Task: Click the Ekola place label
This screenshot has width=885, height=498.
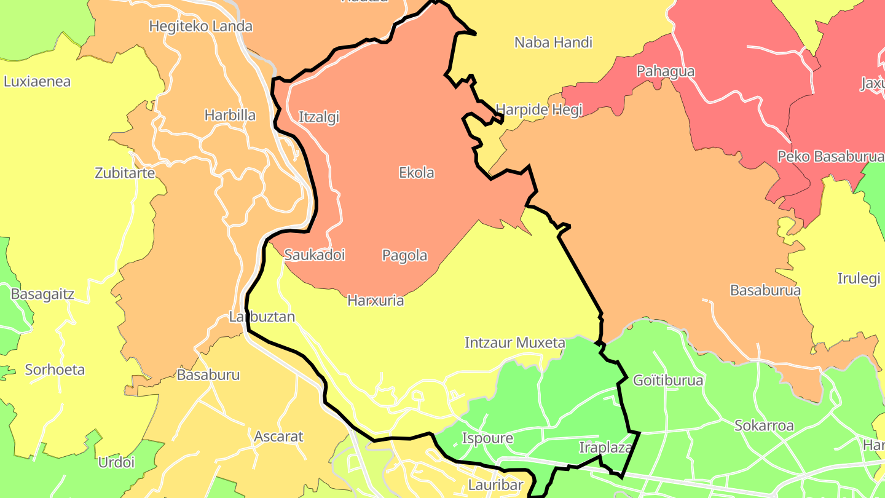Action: click(x=417, y=173)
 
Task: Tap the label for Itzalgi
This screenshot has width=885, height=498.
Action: click(x=318, y=117)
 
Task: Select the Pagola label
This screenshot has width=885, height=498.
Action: click(x=404, y=255)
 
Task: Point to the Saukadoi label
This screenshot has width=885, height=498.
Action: click(x=314, y=255)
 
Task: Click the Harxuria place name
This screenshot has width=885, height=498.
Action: click(x=376, y=301)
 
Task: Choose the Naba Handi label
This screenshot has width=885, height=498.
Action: click(x=553, y=42)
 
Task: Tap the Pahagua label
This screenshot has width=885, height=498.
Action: click(x=666, y=71)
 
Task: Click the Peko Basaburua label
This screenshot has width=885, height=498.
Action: click(x=830, y=156)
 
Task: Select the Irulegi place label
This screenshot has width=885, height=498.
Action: click(x=859, y=279)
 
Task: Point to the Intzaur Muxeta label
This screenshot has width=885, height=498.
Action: click(x=514, y=342)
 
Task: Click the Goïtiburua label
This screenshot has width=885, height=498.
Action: click(x=667, y=381)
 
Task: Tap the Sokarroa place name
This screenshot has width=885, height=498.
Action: click(x=764, y=425)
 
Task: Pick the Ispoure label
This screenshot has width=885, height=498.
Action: click(x=487, y=438)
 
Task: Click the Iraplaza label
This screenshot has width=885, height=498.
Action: click(x=605, y=448)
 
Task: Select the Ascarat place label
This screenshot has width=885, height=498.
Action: click(x=279, y=437)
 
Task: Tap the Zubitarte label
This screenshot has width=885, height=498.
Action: click(x=125, y=173)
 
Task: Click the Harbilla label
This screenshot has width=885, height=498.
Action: click(x=230, y=115)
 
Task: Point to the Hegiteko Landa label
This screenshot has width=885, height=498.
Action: click(x=201, y=26)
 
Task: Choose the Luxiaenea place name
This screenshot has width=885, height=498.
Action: click(x=37, y=81)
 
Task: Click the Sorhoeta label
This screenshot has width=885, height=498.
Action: click(x=55, y=370)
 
